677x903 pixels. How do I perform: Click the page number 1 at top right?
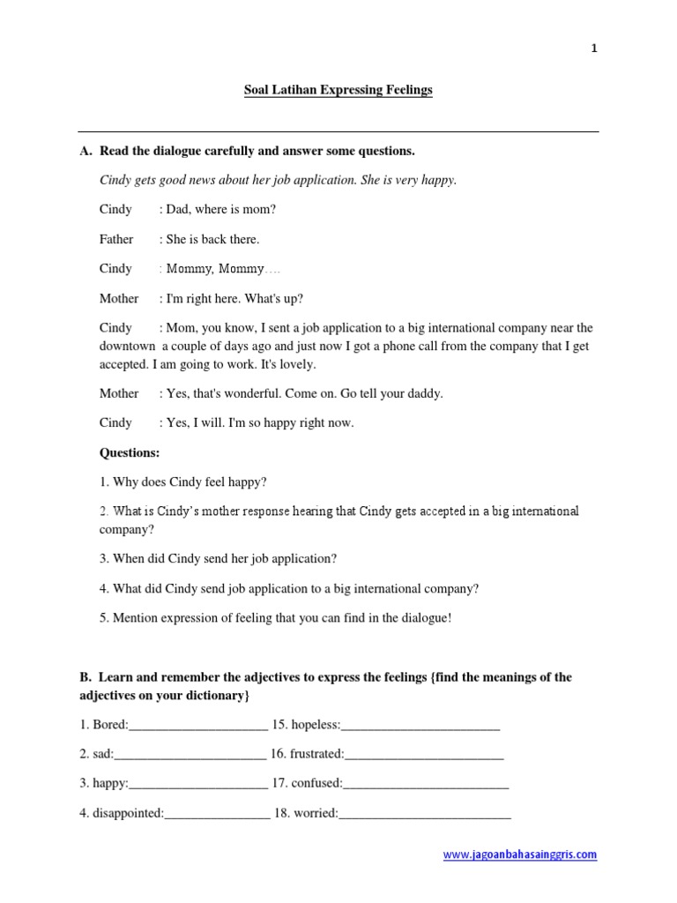594,49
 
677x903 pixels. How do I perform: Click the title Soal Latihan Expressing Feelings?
338,90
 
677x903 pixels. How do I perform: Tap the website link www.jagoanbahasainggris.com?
519,854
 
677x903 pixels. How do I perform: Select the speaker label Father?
116,239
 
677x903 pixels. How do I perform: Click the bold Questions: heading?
130,452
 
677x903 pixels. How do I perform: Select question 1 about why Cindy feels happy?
182,481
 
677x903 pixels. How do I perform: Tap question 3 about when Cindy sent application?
218,558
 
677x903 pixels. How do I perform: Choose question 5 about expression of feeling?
275,617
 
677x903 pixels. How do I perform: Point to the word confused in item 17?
315,783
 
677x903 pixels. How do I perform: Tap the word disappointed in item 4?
128,813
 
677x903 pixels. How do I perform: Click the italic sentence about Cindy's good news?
278,180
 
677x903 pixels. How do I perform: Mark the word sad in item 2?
102,754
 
